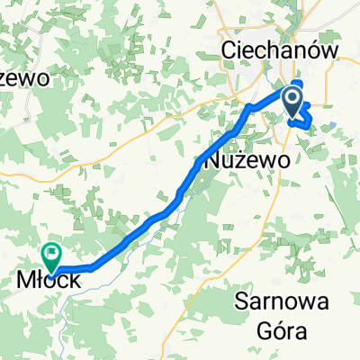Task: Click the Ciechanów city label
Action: click(280, 51)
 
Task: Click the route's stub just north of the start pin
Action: click(297, 86)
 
